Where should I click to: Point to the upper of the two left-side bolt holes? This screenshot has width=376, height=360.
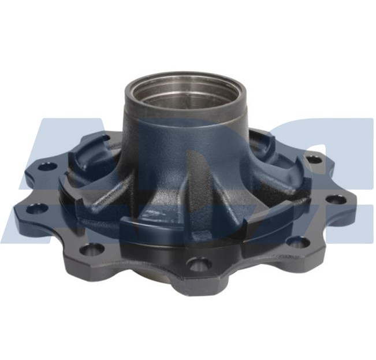click(48, 166)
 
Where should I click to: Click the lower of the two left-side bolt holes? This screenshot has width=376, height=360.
click(39, 207)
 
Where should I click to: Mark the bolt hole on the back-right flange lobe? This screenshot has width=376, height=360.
click(312, 159)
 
